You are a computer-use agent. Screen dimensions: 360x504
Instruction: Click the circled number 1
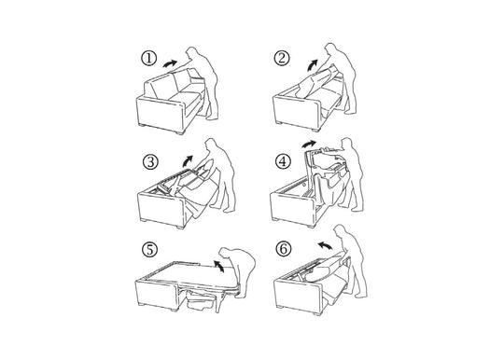pos(147,58)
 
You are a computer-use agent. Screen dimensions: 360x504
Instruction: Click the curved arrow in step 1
pos(172,59)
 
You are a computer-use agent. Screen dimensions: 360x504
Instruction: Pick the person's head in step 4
pos(349,145)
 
